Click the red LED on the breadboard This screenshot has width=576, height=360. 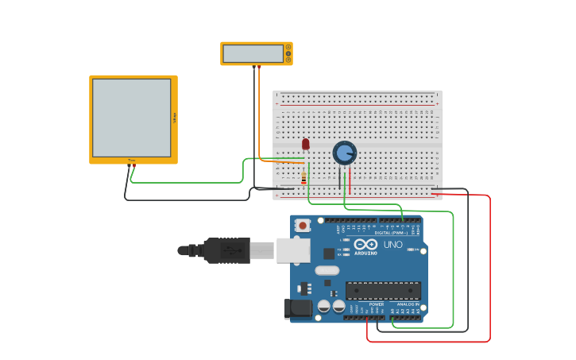point(305,144)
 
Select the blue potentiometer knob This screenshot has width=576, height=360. point(344,153)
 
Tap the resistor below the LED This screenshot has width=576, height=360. point(303,180)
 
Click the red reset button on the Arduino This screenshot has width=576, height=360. point(303,226)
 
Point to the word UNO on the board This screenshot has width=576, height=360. point(392,245)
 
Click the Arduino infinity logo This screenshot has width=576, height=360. point(365,244)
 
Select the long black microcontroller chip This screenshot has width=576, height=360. point(383,290)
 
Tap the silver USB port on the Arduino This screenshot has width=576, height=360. point(292,250)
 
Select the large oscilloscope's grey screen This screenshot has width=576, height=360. point(131,118)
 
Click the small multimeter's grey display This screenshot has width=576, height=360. point(253,53)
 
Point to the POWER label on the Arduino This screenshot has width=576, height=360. point(377,304)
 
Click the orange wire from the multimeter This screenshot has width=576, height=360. point(259,111)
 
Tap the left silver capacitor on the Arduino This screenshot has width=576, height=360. point(324,306)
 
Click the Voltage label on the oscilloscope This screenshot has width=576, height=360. point(174,118)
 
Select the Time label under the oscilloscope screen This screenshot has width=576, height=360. point(132,161)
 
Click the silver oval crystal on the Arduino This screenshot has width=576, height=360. point(327,270)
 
